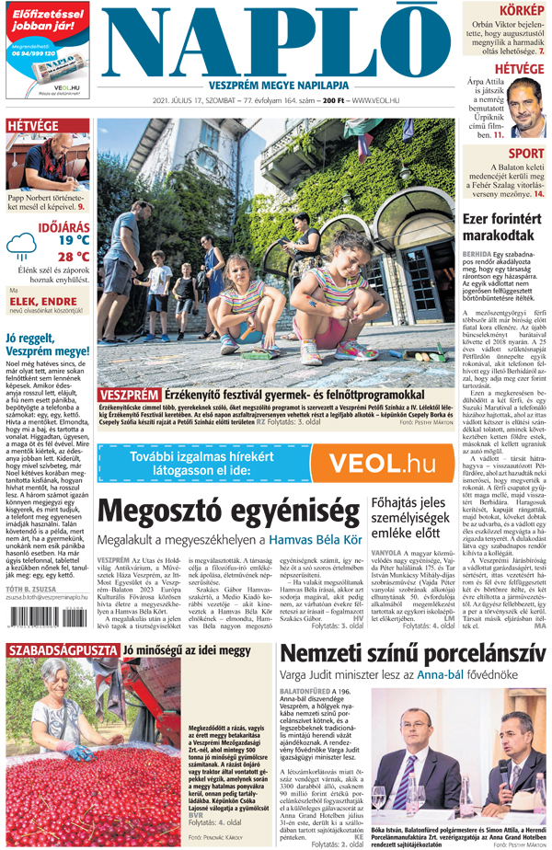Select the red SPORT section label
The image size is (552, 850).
[526, 154]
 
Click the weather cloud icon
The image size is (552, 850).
[19, 246]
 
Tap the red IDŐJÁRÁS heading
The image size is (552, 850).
[63, 224]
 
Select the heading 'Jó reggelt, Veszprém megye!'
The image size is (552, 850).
[46, 344]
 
